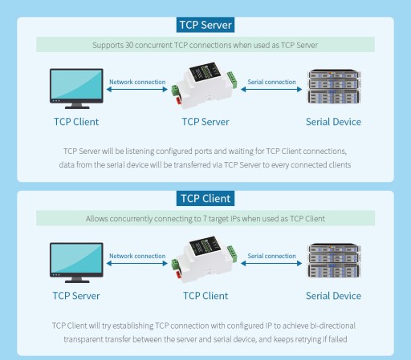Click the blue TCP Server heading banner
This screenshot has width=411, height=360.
pyautogui.click(x=205, y=25)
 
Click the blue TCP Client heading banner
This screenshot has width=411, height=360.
pyautogui.click(x=205, y=198)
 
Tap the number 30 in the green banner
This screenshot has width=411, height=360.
pyautogui.click(x=129, y=45)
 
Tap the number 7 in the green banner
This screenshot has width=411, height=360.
pyautogui.click(x=205, y=219)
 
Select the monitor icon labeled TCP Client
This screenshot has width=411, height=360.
pyautogui.click(x=76, y=88)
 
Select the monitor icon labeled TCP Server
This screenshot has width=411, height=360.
pyautogui.click(x=76, y=262)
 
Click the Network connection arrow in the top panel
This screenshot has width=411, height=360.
pyautogui.click(x=137, y=89)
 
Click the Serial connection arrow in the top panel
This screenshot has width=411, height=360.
pyautogui.click(x=271, y=89)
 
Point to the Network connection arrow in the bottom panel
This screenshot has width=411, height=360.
pyautogui.click(x=137, y=263)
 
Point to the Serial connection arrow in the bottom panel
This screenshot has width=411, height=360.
pyautogui.click(x=271, y=263)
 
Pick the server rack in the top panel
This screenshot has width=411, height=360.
pyautogui.click(x=334, y=87)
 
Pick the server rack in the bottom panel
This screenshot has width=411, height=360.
pyautogui.click(x=334, y=261)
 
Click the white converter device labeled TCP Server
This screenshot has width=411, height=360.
pyautogui.click(x=205, y=85)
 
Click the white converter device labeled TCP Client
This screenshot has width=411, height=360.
pyautogui.click(x=205, y=259)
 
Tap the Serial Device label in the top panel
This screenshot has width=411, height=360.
pyautogui.click(x=333, y=122)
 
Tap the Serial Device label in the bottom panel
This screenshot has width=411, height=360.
pyautogui.click(x=333, y=296)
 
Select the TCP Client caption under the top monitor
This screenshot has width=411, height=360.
pyautogui.click(x=76, y=122)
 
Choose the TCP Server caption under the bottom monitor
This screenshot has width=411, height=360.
pyautogui.click(x=76, y=296)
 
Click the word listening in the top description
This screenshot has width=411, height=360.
pyautogui.click(x=140, y=152)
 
